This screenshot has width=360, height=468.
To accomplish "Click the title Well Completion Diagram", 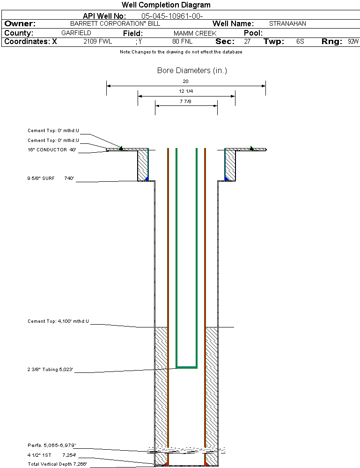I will click(166, 5).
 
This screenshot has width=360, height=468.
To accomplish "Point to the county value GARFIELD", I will click(76, 33).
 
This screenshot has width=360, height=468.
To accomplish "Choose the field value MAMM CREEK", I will click(195, 33).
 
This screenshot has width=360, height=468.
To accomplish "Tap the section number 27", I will click(247, 42).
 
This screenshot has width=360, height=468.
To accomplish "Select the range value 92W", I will click(353, 42).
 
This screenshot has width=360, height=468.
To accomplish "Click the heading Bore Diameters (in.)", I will click(192, 71).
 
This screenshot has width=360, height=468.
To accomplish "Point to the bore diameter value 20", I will click(185, 82).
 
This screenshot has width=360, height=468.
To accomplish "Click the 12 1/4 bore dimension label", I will click(186, 91).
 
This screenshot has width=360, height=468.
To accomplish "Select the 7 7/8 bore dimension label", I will click(186, 101).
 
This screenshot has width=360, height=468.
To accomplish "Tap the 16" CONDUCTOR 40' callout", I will click(51, 150).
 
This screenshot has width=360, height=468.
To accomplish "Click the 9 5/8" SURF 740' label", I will click(51, 178).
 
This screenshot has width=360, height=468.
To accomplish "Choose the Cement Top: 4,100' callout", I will click(58, 321).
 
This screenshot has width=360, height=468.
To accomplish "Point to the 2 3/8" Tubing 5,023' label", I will click(51, 370).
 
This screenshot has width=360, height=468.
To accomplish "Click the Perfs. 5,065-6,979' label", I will click(51, 445).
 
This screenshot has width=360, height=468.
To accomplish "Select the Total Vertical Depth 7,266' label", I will click(57, 464).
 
